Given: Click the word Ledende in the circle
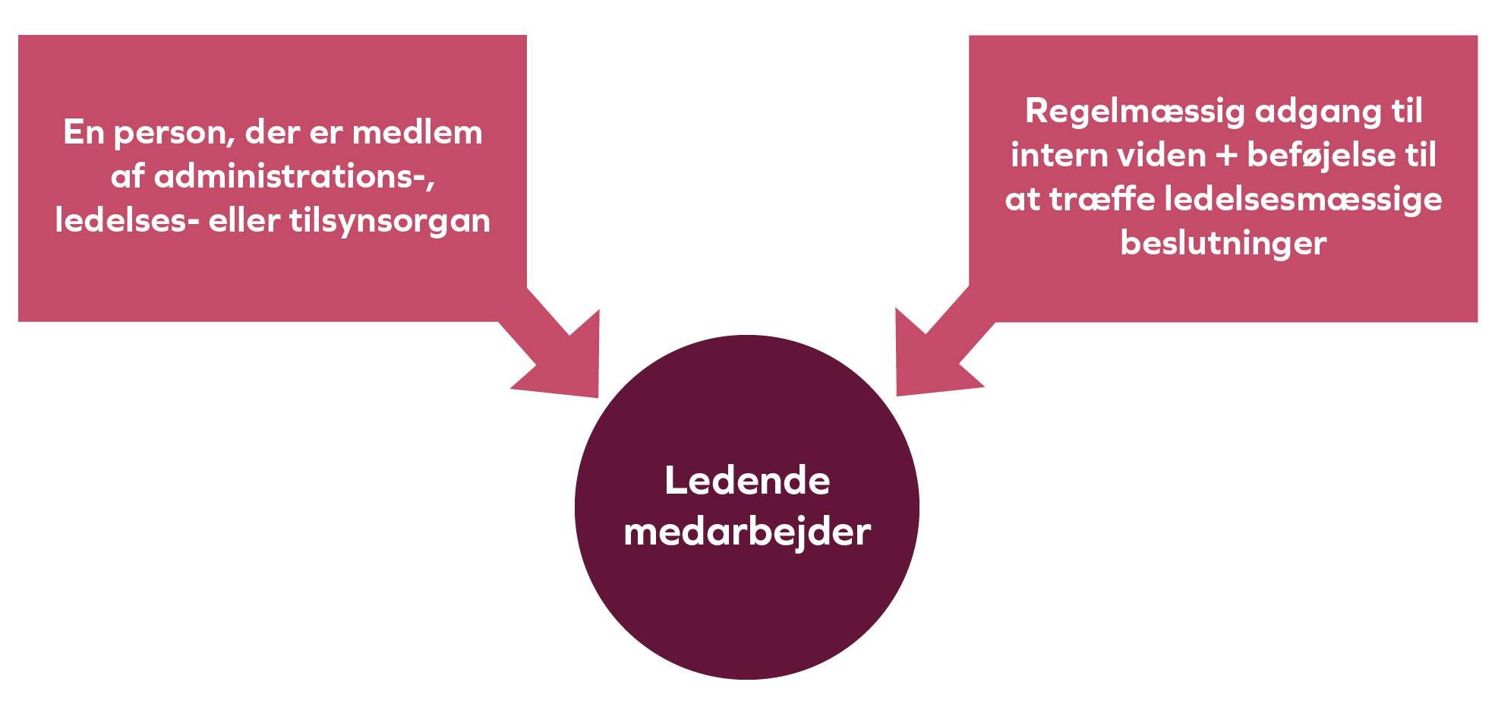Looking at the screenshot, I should (747, 482).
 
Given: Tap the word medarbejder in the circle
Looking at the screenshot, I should (747, 532).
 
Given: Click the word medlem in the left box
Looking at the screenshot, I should (417, 133).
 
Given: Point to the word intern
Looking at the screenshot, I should (1058, 156).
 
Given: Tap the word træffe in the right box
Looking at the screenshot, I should (1102, 200).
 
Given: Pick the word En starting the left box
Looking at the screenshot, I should (84, 133).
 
